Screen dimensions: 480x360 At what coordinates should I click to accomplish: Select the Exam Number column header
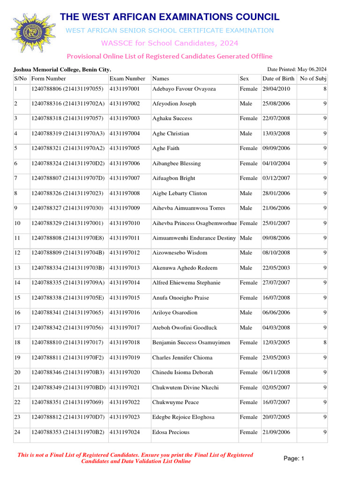tap(127, 79)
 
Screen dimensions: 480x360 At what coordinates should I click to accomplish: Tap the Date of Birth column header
tap(278, 79)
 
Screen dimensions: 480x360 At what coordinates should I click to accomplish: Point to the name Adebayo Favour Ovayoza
tap(184, 89)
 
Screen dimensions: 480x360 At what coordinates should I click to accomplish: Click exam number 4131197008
tap(124, 193)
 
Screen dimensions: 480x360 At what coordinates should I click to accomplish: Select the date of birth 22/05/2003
tap(276, 268)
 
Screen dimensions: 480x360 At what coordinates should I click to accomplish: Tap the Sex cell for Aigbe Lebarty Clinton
tap(246, 193)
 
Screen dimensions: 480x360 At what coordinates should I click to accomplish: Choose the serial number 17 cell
tap(17, 328)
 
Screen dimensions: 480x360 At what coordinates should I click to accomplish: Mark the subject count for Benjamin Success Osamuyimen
tap(325, 343)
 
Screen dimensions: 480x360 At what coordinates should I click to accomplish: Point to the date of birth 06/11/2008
tap(276, 372)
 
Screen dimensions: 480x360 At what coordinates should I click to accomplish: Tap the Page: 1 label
tap(294, 458)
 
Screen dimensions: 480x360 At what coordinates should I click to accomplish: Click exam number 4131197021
tap(124, 388)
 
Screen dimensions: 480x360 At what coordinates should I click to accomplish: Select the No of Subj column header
tap(313, 79)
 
